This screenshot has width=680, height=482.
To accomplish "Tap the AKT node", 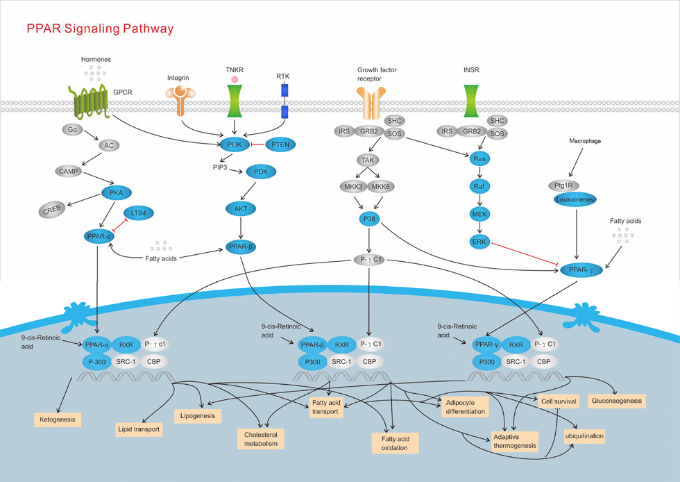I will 240,207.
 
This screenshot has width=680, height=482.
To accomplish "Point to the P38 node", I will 368,219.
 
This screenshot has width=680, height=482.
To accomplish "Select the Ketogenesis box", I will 58,419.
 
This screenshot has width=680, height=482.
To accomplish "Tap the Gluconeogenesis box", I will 616,401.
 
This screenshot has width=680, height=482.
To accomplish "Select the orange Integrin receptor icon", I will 181,101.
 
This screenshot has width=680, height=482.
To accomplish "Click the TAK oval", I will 368,160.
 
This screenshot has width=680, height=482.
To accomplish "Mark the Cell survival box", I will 559,401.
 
